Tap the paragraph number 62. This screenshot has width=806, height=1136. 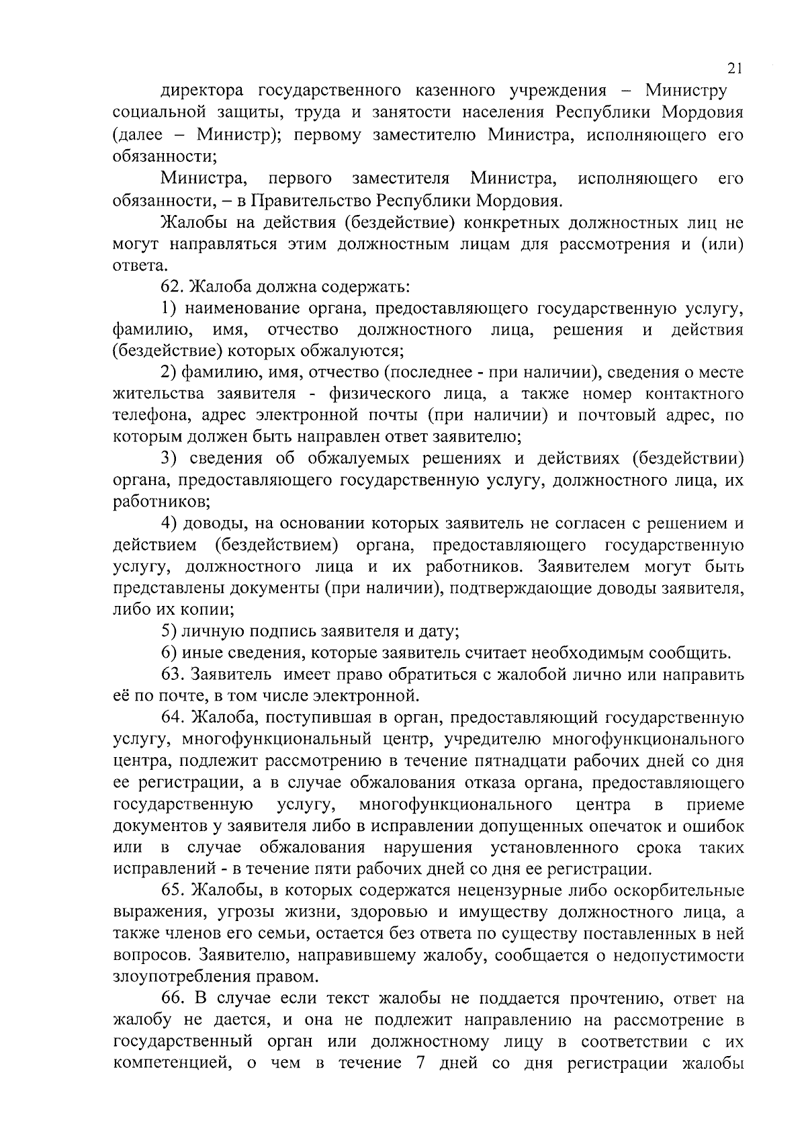tap(171, 287)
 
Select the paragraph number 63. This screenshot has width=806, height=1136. tap(171, 674)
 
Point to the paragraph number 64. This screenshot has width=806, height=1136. tap(171, 717)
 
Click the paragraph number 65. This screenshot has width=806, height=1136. tap(171, 891)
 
